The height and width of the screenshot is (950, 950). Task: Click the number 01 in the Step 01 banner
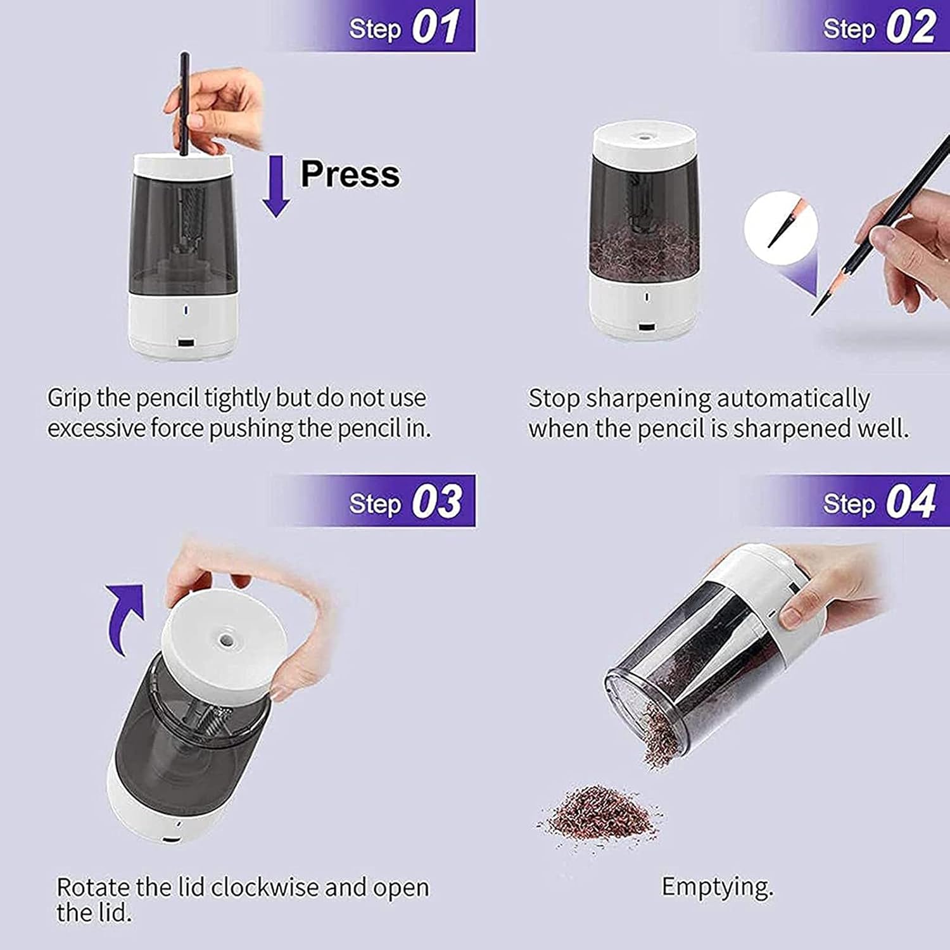pyautogui.click(x=435, y=28)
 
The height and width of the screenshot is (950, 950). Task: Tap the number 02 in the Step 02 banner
pyautogui.click(x=910, y=28)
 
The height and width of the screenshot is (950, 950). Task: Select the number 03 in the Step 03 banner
pyautogui.click(x=436, y=502)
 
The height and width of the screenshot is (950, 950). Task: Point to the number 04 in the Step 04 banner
pyautogui.click(x=910, y=502)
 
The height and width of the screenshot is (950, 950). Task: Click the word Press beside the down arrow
pyautogui.click(x=350, y=174)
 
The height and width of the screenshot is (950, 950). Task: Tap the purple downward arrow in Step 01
pyautogui.click(x=275, y=186)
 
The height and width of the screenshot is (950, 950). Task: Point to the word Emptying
pyautogui.click(x=718, y=887)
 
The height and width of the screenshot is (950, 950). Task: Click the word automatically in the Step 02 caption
pyautogui.click(x=792, y=399)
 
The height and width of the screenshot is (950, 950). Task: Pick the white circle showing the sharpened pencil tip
pyautogui.click(x=780, y=228)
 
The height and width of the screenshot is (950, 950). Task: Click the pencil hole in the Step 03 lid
pyautogui.click(x=225, y=638)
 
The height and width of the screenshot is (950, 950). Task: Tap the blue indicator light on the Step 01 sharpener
pyautogui.click(x=186, y=311)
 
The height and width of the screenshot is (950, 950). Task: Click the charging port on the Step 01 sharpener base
pyautogui.click(x=186, y=343)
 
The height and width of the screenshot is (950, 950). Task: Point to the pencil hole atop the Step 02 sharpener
pyautogui.click(x=645, y=136)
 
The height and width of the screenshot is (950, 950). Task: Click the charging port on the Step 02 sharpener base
pyautogui.click(x=646, y=328)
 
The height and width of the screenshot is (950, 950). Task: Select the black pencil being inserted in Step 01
pyautogui.click(x=184, y=104)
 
